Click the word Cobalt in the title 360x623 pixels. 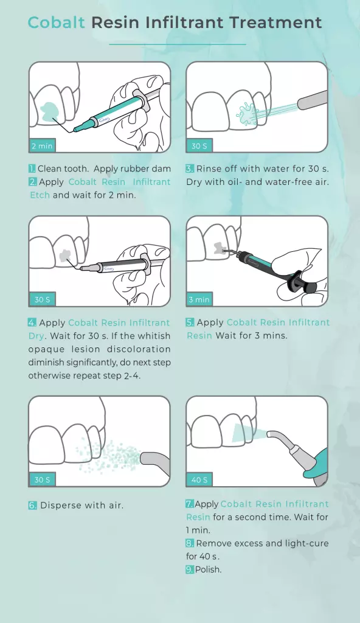pyautogui.click(x=57, y=23)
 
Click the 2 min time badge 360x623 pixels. pyautogui.click(x=42, y=146)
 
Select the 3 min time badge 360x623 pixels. pyautogui.click(x=199, y=299)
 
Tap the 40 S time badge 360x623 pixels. pyautogui.click(x=199, y=479)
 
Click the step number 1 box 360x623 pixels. pyautogui.click(x=32, y=169)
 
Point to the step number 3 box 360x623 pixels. pyautogui.click(x=190, y=169)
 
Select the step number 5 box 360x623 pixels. pyautogui.click(x=190, y=322)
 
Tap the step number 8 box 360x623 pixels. pyautogui.click(x=190, y=543)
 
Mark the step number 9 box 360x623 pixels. pyautogui.click(x=190, y=569)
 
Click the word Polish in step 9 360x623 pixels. pyautogui.click(x=208, y=569)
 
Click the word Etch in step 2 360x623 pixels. pyautogui.click(x=40, y=195)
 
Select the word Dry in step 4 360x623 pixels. pyautogui.click(x=36, y=336)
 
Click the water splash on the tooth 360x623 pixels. pyautogui.click(x=247, y=113)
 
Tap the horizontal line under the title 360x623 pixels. pyautogui.click(x=178, y=44)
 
